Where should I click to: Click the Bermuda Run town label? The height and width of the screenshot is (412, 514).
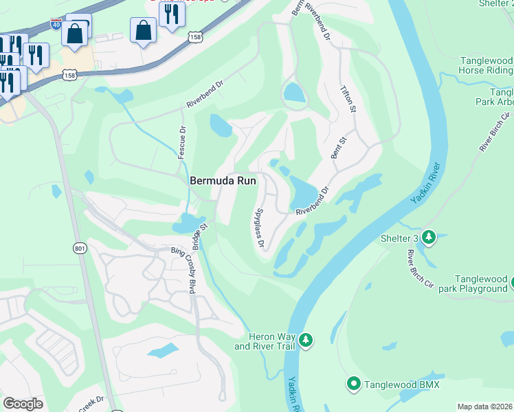(223, 180)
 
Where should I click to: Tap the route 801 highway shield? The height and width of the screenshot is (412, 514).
(80, 247)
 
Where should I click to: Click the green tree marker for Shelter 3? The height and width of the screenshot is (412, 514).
(429, 238)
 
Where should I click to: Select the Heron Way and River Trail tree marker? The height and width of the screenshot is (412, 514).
(306, 340)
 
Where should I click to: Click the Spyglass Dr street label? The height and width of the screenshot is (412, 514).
(260, 228)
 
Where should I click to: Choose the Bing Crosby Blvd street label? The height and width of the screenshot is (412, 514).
(183, 271)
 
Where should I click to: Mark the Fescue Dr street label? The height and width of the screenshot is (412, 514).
(182, 142)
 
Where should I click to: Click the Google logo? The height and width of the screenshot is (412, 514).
(23, 404)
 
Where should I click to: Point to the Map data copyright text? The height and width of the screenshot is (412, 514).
(485, 407)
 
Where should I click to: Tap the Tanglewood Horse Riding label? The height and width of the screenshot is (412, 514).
(486, 66)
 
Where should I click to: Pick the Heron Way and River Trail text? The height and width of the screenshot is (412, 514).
(265, 341)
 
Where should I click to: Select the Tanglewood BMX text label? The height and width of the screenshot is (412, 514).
(402, 385)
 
